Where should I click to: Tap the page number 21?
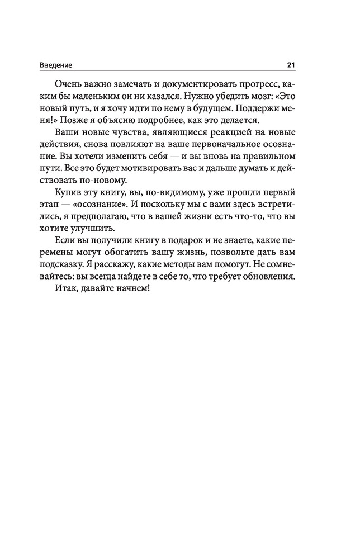291,65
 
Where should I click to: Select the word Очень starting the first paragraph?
68,83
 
